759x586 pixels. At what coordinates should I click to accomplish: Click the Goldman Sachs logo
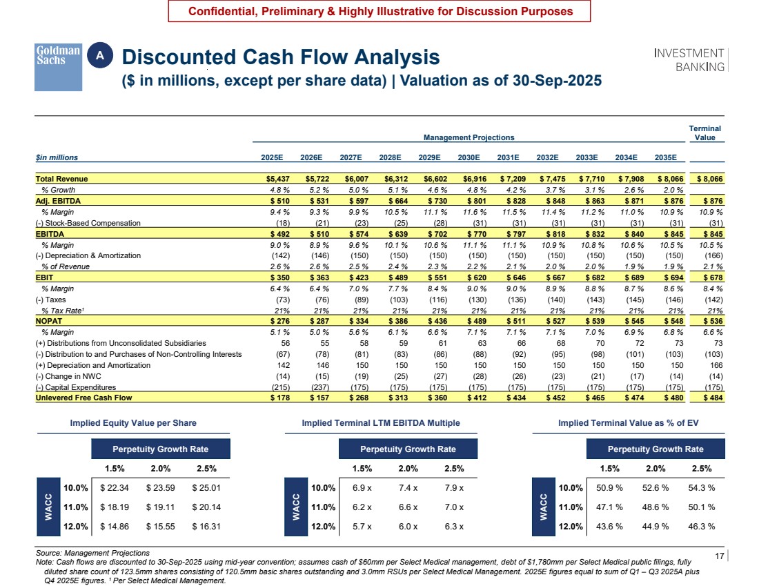(58, 67)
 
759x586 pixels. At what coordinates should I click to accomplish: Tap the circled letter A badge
(100, 56)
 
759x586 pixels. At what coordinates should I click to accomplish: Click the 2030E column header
(469, 157)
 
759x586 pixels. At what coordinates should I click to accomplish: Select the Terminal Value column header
(704, 133)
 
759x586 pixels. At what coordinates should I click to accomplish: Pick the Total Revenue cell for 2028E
(398, 179)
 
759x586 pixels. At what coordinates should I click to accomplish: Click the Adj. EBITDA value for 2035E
(671, 201)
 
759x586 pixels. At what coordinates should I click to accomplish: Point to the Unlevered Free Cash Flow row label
(83, 398)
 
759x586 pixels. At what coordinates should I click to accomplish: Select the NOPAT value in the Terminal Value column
(709, 321)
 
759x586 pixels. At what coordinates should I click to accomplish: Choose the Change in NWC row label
(68, 376)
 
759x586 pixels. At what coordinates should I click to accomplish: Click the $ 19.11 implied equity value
(160, 507)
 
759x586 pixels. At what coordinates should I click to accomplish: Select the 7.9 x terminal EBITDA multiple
(454, 488)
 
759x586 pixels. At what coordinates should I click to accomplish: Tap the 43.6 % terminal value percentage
(609, 527)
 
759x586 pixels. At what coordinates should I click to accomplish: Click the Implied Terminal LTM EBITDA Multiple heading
(381, 423)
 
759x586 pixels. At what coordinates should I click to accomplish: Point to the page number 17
(719, 556)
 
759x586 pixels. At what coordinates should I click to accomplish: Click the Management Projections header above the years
(469, 137)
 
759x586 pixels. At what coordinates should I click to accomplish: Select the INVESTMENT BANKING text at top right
(689, 60)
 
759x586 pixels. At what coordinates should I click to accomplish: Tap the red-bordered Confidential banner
(379, 11)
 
